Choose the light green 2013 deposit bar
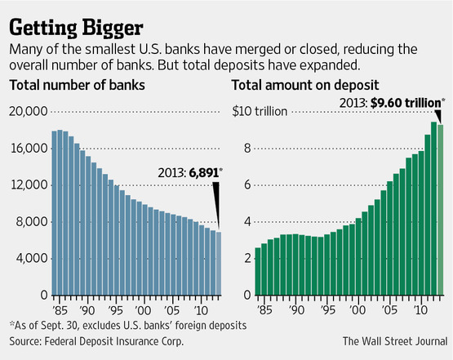(x=442, y=209)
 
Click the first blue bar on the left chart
(x=55, y=212)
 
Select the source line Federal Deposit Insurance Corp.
(x=96, y=341)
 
